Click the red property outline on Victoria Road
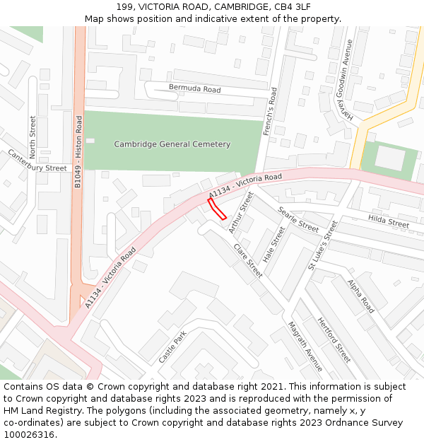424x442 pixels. pyautogui.click(x=217, y=210)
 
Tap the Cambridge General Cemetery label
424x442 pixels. pyautogui.click(x=172, y=144)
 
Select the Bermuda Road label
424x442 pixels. pyautogui.click(x=194, y=89)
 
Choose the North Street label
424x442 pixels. pyautogui.click(x=33, y=137)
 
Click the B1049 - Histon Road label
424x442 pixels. pyautogui.click(x=79, y=152)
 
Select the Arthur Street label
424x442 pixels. pyautogui.click(x=240, y=213)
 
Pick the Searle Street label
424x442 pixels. pyautogui.click(x=298, y=220)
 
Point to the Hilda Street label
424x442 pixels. pyautogui.click(x=389, y=223)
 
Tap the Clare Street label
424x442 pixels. pyautogui.click(x=247, y=260)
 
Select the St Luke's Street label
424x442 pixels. pyautogui.click(x=322, y=246)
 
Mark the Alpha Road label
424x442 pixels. pyautogui.click(x=360, y=296)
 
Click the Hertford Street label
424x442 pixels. pyautogui.click(x=334, y=339)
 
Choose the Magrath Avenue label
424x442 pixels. pyautogui.click(x=305, y=347)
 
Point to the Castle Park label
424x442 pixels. pyautogui.click(x=172, y=347)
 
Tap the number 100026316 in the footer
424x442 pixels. pyautogui.click(x=28, y=434)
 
